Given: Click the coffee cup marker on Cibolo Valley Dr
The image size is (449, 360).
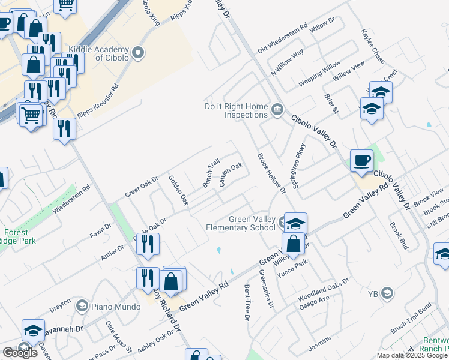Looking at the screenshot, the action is click(361, 161).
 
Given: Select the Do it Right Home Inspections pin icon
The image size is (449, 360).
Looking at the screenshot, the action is click(277, 109).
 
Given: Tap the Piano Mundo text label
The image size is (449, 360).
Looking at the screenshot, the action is click(107, 307).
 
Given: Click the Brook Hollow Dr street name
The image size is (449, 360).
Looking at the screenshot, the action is click(272, 173).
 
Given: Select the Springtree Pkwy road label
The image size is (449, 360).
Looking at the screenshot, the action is click(298, 166).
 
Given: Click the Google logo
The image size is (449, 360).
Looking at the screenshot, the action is click(20, 353).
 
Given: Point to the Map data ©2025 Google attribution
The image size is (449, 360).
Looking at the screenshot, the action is click(412, 355).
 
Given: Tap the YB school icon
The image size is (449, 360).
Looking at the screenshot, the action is click(387, 293).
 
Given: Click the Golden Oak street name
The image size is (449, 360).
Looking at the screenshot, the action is click(178, 190).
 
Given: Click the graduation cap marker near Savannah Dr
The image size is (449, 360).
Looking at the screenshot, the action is click(32, 330).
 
